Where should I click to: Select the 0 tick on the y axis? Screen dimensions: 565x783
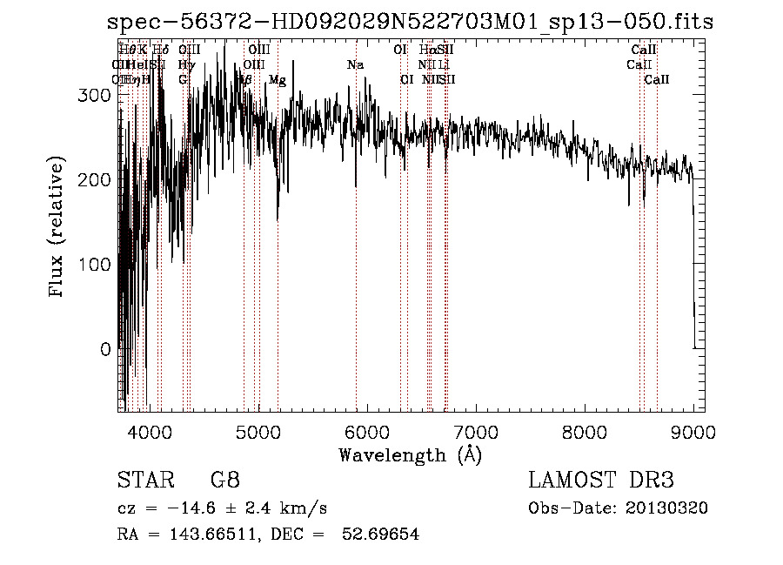click(106, 349)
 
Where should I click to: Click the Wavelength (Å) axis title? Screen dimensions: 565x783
click(410, 454)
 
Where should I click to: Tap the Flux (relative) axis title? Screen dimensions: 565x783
click(58, 229)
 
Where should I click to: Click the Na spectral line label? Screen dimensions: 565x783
click(355, 65)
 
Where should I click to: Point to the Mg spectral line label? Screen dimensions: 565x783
click(277, 80)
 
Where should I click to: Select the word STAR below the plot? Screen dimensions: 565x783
click(144, 481)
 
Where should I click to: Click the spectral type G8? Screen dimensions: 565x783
click(224, 481)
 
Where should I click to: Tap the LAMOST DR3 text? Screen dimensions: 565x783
click(601, 481)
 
